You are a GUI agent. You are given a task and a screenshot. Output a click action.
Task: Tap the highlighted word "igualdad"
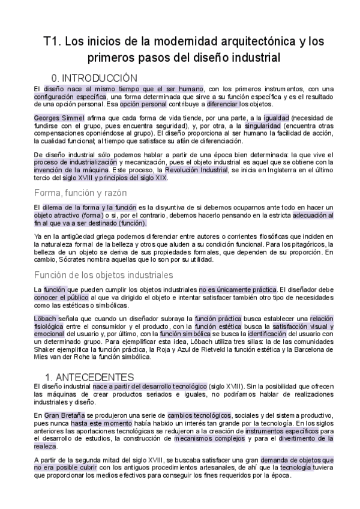pyautogui.click(x=274, y=118)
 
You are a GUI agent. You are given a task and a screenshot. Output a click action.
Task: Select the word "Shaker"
pyautogui.click(x=47, y=348)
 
